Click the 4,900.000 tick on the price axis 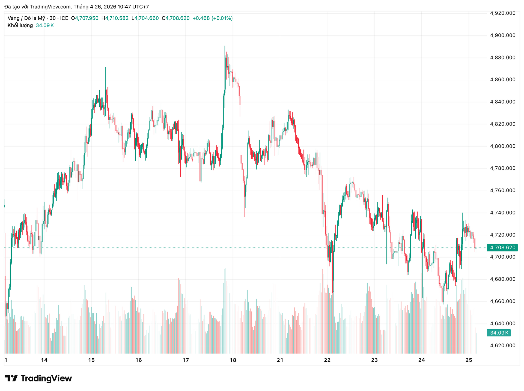pos(503,35)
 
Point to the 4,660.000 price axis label pos(503,302)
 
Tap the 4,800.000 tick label pos(503,146)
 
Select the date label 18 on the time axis pos(233,360)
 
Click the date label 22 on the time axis pos(327,360)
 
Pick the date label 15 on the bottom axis pos(91,360)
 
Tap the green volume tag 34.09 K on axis pos(499,333)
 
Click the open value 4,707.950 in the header pos(87,18)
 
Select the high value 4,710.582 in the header pos(117,18)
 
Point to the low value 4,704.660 pos(147,18)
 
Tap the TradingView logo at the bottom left pos(38,378)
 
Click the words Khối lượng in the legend pos(20,25)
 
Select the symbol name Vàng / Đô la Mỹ pos(26,18)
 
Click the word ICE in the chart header pos(64,18)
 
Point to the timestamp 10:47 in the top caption pos(124,7)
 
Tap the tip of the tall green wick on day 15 pos(105,68)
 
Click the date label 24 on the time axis pos(422,360)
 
